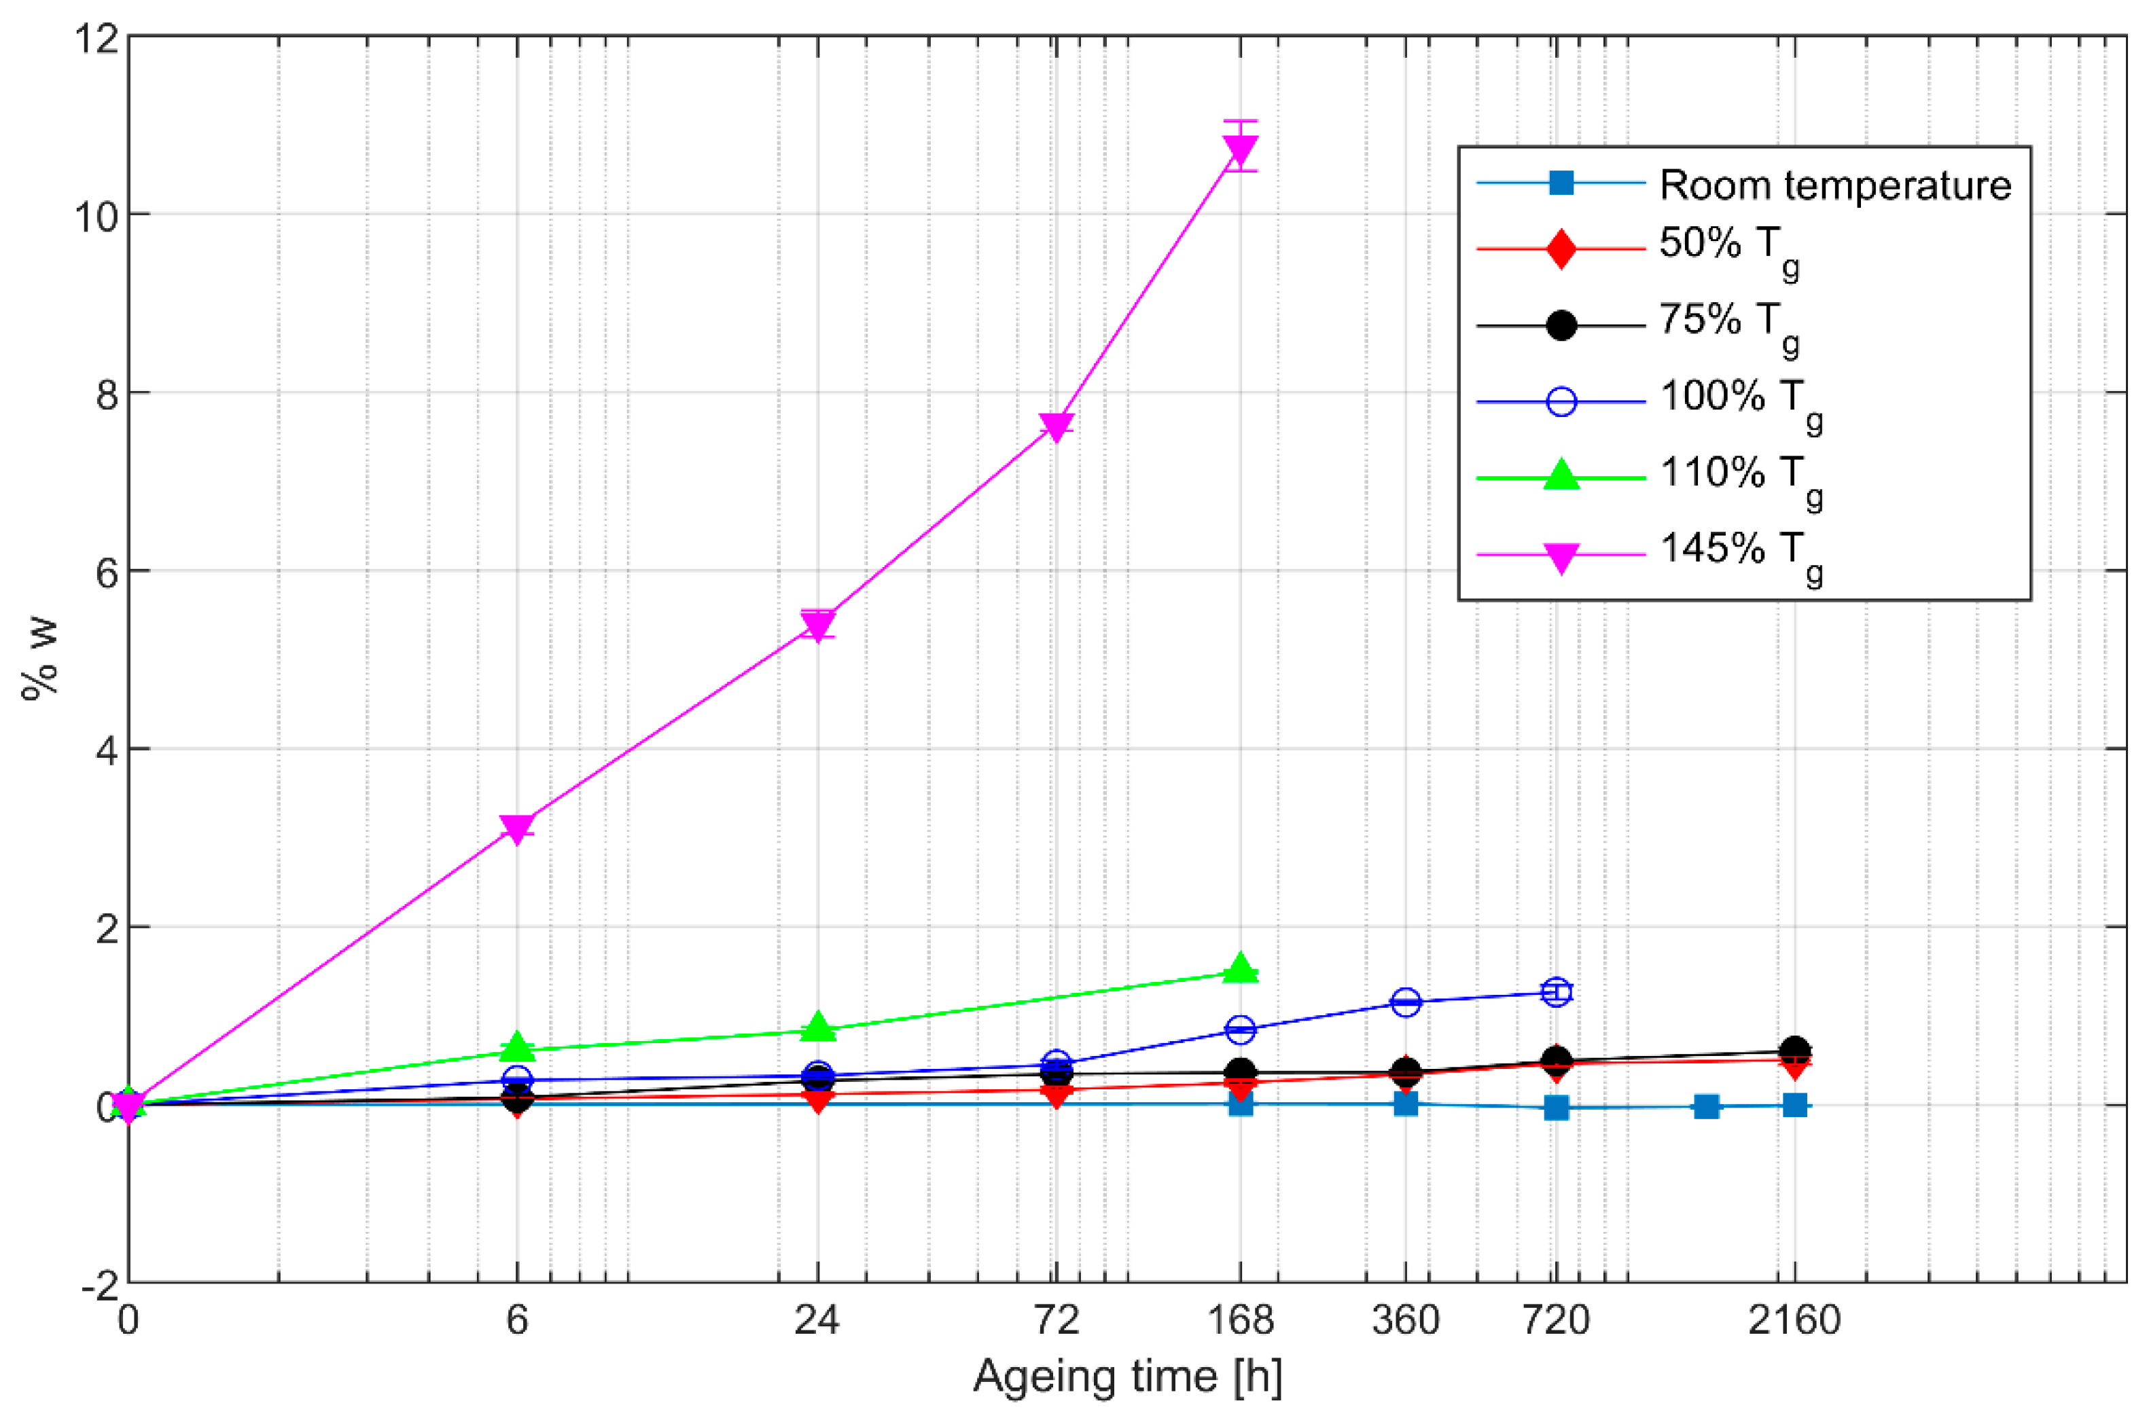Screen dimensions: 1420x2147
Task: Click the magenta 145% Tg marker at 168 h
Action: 1240,149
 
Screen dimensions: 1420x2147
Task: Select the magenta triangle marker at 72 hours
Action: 1057,426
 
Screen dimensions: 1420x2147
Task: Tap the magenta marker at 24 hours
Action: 818,624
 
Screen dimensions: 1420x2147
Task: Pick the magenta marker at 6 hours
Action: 517,828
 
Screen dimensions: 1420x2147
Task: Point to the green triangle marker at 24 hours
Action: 818,1027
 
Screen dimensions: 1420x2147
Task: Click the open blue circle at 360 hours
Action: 1405,1002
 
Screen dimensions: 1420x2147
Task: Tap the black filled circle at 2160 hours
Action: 1794,1051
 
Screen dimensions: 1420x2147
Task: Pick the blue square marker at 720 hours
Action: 1557,1108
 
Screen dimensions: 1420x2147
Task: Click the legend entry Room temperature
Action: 1834,185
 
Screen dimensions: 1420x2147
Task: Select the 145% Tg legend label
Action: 1739,551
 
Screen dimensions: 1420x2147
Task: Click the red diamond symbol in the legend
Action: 1561,249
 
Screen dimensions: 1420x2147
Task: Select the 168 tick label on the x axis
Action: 1240,1320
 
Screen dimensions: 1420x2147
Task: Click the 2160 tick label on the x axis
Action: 1794,1320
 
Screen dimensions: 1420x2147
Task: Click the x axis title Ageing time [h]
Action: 1127,1377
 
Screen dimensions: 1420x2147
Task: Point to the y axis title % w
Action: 41,659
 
